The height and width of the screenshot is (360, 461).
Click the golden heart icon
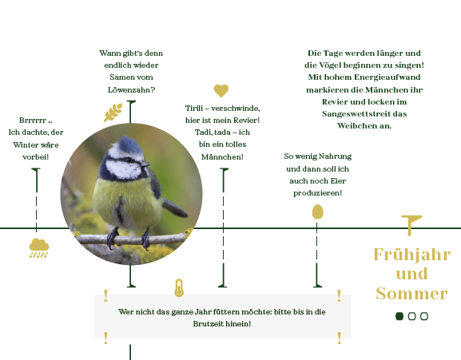pyautogui.click(x=221, y=90)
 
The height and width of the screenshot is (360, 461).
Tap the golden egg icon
pyautogui.click(x=317, y=212)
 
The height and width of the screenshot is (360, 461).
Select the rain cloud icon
pyautogui.click(x=39, y=248)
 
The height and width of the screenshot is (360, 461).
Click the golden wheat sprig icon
pyautogui.click(x=113, y=113)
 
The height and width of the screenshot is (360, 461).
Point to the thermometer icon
pyautogui.click(x=179, y=288)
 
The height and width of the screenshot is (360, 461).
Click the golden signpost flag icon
pyautogui.click(x=411, y=225)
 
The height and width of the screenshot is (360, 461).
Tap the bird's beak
pyautogui.click(x=145, y=164)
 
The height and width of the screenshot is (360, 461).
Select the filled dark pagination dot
pyautogui.click(x=399, y=316)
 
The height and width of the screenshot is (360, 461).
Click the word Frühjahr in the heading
pyautogui.click(x=411, y=255)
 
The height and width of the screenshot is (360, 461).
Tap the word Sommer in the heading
pyautogui.click(x=411, y=294)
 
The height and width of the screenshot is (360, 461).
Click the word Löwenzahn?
pyautogui.click(x=131, y=89)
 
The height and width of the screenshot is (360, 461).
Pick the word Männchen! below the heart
pyautogui.click(x=222, y=156)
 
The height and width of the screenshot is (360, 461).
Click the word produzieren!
pyautogui.click(x=317, y=193)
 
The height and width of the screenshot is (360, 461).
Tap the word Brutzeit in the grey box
pyautogui.click(x=205, y=324)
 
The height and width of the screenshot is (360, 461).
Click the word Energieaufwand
pyautogui.click(x=387, y=77)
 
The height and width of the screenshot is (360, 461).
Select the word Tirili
pyautogui.click(x=194, y=109)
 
